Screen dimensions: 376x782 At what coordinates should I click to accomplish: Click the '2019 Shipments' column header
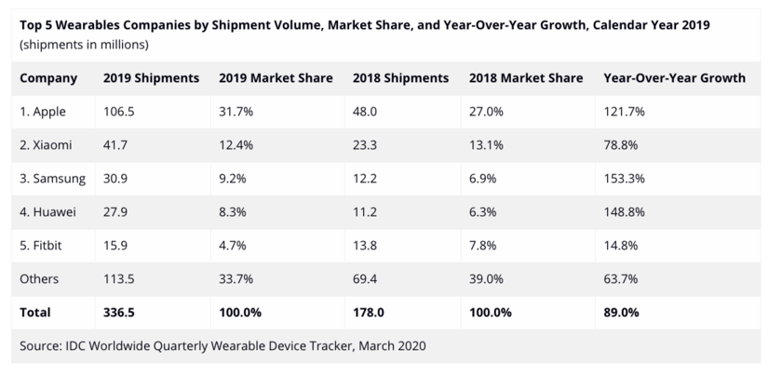click(151, 78)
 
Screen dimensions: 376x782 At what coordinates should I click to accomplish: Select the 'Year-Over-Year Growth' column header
click(674, 78)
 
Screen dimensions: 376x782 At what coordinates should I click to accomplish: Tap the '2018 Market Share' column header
click(526, 78)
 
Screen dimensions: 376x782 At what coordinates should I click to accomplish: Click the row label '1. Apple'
click(43, 111)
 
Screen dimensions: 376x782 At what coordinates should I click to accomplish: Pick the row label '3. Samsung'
click(52, 178)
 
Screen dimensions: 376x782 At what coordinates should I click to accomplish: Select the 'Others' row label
click(38, 278)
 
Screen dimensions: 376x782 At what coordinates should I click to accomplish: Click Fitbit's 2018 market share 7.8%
click(485, 245)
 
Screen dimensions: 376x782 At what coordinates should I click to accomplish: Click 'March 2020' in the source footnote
click(392, 346)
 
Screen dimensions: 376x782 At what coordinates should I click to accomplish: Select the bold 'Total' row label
click(35, 313)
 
